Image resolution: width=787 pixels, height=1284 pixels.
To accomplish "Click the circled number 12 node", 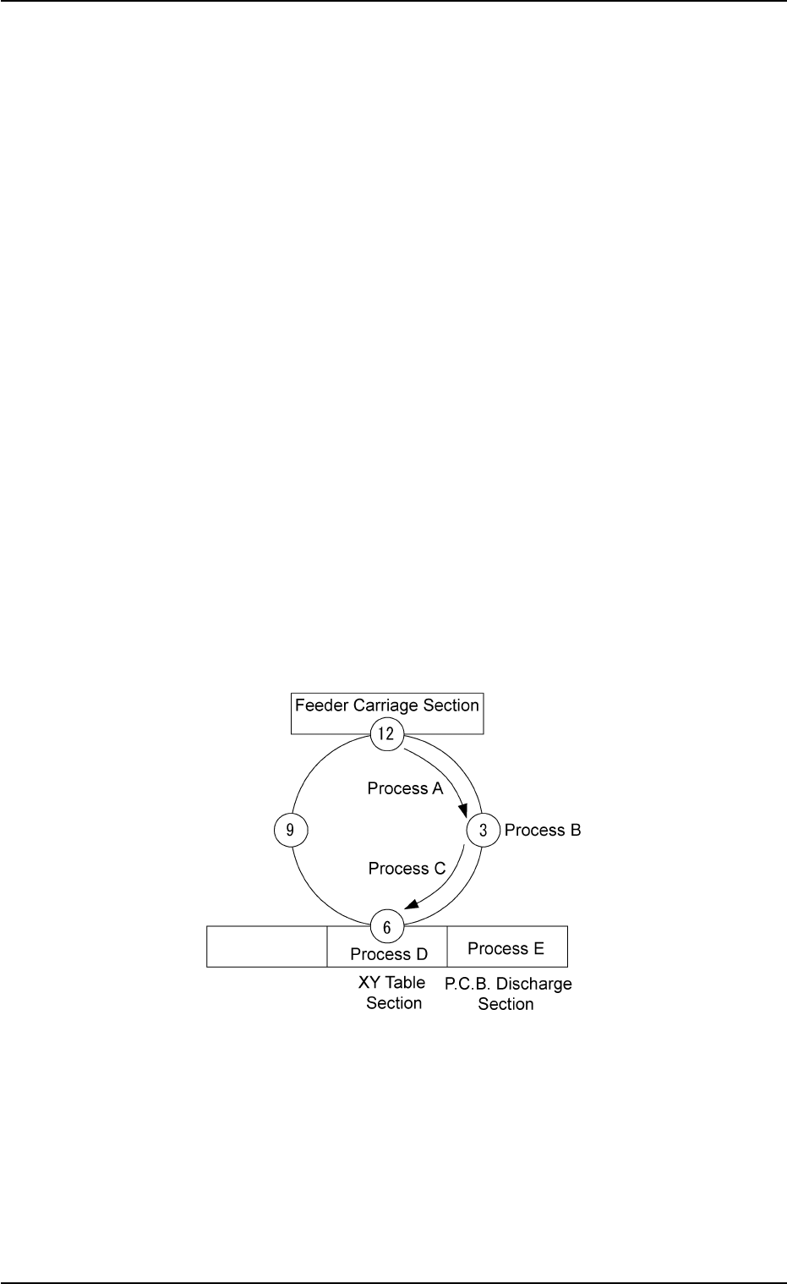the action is coord(386,733).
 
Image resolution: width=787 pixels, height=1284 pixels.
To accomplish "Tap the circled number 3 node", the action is coord(483,830).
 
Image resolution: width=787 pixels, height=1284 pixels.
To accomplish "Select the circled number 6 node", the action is coord(386,927).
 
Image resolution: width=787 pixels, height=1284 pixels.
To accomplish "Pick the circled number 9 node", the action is coord(290,830).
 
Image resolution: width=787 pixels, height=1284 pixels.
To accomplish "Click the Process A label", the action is coord(405,788).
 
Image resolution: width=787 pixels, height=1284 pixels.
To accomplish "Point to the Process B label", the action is coord(543,830).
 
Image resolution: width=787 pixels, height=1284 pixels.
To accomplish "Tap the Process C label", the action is coord(407,868).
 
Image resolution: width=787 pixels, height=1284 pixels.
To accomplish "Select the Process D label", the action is coord(389,954).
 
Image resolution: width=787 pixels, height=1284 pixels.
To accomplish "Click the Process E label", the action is coord(506,948).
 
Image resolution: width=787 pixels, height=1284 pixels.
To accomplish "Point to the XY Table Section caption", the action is coord(394,993).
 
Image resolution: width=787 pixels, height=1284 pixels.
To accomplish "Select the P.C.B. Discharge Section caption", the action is coord(508,994).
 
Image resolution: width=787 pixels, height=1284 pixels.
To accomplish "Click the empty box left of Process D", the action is coord(267,947).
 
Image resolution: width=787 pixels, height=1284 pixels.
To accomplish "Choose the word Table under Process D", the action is coord(404,983).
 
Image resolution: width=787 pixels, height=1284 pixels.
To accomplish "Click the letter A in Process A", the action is coord(437,788).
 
